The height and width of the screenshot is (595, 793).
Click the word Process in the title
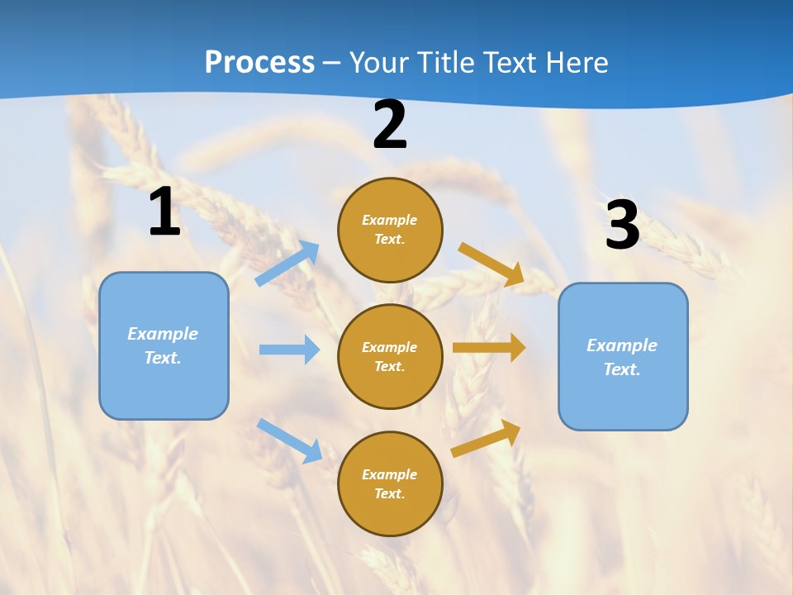tap(259, 63)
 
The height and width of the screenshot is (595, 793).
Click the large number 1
tap(164, 212)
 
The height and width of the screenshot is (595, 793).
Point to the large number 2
tap(390, 126)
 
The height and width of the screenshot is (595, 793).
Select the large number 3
tap(622, 225)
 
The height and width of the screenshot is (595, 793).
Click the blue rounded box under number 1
tap(164, 345)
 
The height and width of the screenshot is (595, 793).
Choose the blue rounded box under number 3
tap(623, 356)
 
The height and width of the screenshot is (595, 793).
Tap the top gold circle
tap(390, 230)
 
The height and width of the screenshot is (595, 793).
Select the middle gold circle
tap(390, 356)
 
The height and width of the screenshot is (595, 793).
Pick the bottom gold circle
tap(390, 483)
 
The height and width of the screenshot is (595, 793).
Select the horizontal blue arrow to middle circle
tap(290, 350)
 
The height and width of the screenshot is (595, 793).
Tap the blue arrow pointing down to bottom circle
tap(290, 440)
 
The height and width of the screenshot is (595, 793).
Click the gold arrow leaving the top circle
tap(491, 264)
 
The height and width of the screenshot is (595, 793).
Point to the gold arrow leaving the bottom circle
tap(487, 438)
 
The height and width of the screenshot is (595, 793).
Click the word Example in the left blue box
tap(163, 334)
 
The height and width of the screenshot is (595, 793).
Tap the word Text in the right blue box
tap(621, 369)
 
